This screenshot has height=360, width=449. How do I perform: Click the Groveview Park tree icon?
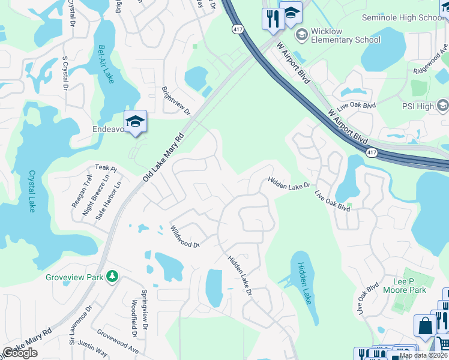tap(112, 276)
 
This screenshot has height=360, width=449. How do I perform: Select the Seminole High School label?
tap(402, 17)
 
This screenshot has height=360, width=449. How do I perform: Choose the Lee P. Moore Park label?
tap(409, 286)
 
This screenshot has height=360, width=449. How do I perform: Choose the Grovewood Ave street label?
tap(118, 341)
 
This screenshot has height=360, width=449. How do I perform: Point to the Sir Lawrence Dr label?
tap(81, 326)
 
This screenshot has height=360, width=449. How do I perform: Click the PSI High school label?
tap(417, 106)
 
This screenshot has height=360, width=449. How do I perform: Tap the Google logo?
tap(19, 353)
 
